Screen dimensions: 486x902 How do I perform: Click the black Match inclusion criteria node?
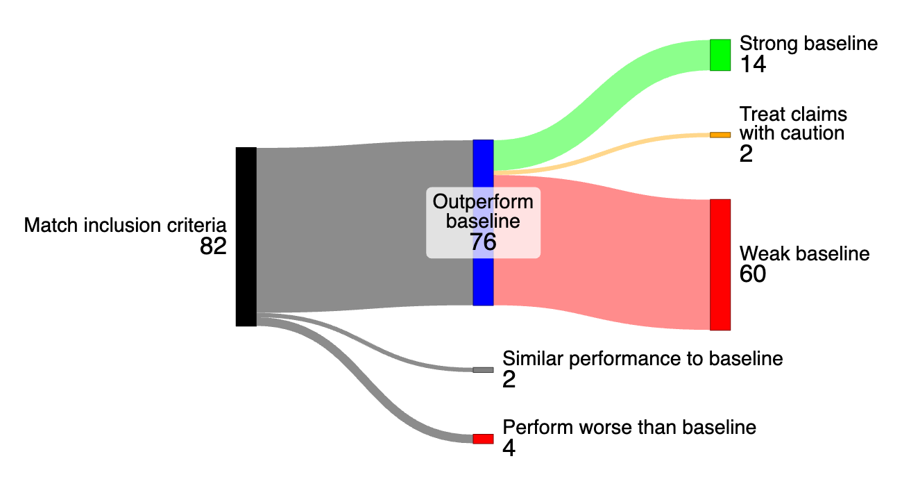[x=246, y=236]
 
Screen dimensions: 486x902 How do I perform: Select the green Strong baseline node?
[x=720, y=55]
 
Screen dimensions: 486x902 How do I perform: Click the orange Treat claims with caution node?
[x=720, y=134]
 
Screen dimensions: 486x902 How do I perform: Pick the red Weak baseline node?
[x=720, y=265]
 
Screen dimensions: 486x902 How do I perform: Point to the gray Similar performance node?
[x=483, y=370]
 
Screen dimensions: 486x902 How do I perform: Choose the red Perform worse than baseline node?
[x=483, y=439]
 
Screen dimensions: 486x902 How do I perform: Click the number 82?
[x=213, y=246]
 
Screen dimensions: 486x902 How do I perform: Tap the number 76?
[x=483, y=242]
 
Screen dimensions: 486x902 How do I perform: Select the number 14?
[x=752, y=65]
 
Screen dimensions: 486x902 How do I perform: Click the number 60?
[x=753, y=275]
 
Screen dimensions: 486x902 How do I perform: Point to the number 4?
[x=509, y=449]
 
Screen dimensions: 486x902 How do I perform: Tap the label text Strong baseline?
[x=808, y=44]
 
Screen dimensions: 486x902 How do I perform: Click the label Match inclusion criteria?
[x=126, y=226]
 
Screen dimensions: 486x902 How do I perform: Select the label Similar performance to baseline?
[x=643, y=359]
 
